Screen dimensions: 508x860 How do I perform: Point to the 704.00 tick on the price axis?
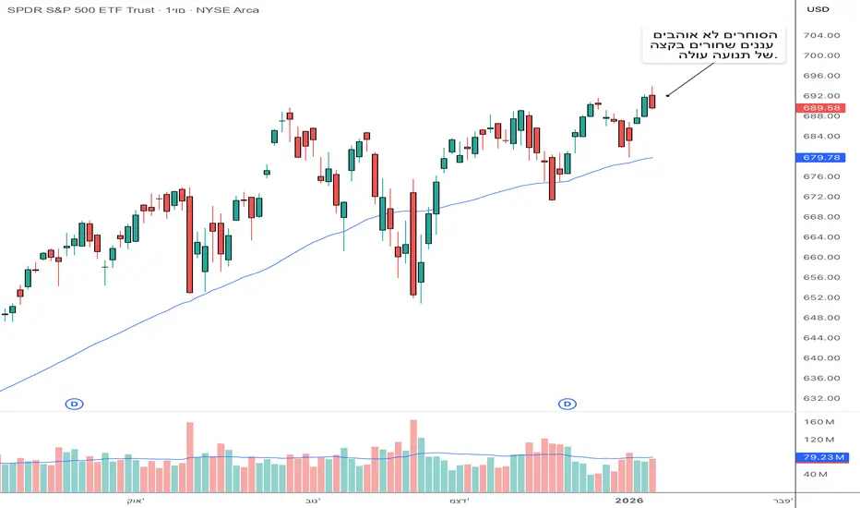[821, 36]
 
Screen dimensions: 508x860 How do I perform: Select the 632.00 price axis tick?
[821, 399]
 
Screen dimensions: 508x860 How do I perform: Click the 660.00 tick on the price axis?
[821, 258]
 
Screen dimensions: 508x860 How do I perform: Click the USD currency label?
[818, 10]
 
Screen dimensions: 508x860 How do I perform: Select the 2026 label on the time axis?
[629, 500]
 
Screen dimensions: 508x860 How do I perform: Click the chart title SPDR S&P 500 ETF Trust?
[78, 10]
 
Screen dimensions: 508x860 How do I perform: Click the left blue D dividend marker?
[75, 404]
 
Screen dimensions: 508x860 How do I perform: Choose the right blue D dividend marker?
[567, 404]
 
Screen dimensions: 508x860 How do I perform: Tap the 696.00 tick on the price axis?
[821, 77]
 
